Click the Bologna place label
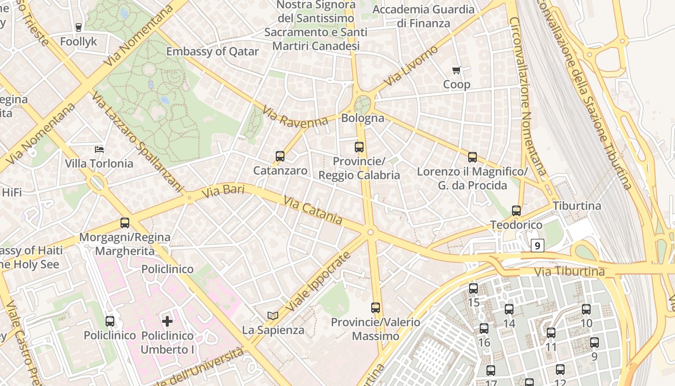click(363, 118)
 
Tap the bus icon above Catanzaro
click(280, 156)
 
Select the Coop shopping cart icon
click(457, 70)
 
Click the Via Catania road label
click(313, 210)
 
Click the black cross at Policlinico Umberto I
click(167, 321)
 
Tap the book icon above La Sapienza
click(273, 316)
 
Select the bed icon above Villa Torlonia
click(99, 149)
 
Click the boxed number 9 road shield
click(538, 246)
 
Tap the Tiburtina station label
click(577, 206)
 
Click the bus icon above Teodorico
click(516, 211)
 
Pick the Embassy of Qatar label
click(212, 52)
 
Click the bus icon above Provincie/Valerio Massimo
click(376, 307)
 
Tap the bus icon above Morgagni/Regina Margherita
click(125, 223)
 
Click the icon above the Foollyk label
click(79, 28)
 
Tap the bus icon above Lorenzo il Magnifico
click(472, 157)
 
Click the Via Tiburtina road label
click(569, 272)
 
